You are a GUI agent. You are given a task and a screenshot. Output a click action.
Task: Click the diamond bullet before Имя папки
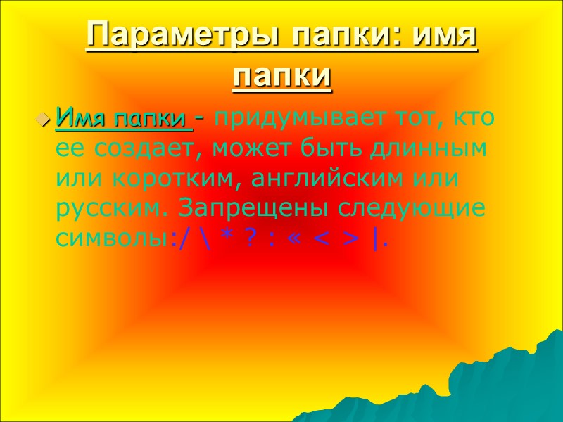pyautogui.click(x=44, y=118)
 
